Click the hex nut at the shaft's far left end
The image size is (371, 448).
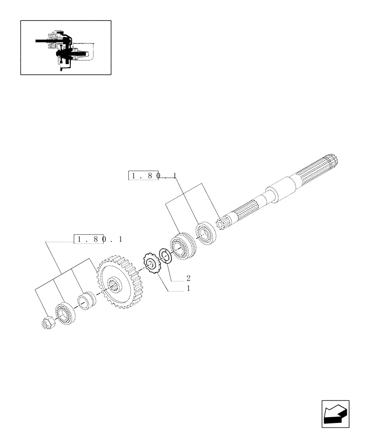[47, 323]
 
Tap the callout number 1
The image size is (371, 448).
[189, 289]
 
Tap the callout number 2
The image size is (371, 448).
[189, 278]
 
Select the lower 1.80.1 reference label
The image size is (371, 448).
[99, 239]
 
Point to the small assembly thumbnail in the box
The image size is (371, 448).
[65, 47]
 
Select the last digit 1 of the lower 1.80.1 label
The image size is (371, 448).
[120, 239]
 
